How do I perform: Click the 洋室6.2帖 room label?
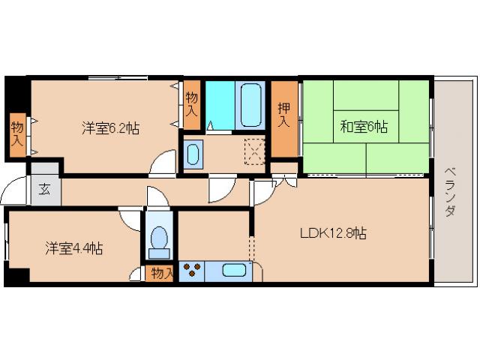click(110, 127)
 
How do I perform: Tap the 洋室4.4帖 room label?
click(73, 247)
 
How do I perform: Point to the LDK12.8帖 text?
click(334, 233)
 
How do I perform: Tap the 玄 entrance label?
click(44, 187)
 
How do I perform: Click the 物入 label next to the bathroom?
click(192, 103)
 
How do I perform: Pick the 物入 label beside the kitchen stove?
click(161, 273)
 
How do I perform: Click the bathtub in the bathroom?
click(250, 105)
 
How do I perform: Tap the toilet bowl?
click(159, 238)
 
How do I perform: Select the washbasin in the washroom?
click(192, 155)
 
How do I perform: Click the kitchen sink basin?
click(234, 271)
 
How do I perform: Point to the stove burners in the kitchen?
click(191, 271)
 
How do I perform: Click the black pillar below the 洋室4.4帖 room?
click(15, 277)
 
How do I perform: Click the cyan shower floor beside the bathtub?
click(220, 105)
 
